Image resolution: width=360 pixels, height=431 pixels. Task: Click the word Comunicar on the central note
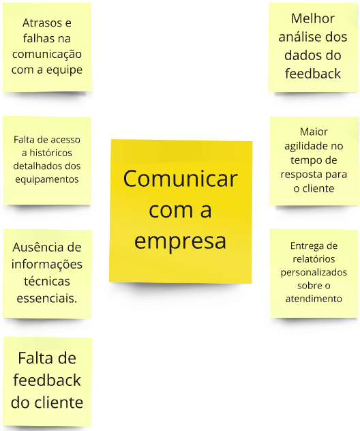pos(180,179)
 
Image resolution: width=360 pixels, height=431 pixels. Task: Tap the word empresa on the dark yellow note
pos(180,242)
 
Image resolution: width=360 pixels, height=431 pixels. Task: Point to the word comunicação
pos(47,55)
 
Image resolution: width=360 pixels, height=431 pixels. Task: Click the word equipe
pos(64,70)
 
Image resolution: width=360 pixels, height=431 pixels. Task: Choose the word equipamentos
pos(47,179)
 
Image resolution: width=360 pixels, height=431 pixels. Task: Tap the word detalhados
pos(35,166)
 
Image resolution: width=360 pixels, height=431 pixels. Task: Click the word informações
pos(47,265)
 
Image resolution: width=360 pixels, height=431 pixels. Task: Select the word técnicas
pos(47,282)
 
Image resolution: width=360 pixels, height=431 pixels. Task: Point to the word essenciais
pos(47,298)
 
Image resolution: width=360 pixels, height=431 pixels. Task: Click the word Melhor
pos(313,18)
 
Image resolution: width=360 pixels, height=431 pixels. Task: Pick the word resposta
pos(298,175)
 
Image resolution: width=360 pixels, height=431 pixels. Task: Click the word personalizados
pos(314,273)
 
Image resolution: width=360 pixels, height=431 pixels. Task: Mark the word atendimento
pos(314,299)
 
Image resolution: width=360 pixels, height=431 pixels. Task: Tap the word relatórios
pos(314,259)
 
